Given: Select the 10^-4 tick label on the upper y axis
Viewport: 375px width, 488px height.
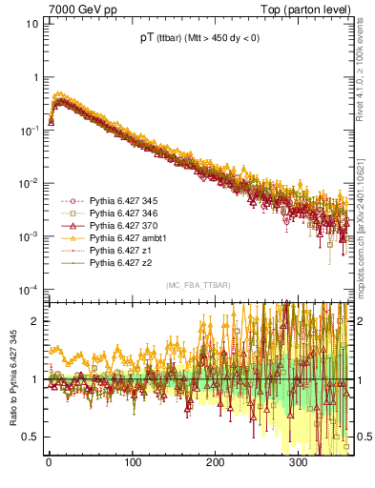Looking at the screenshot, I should click(29, 289).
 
